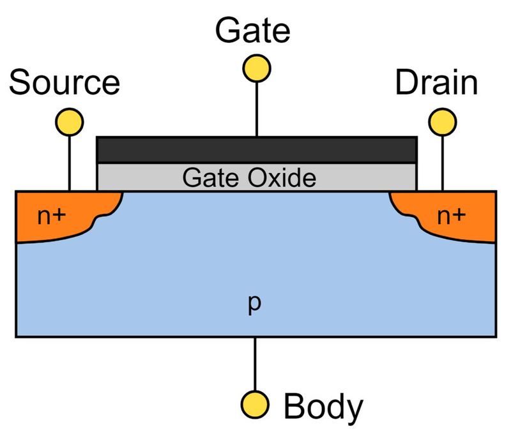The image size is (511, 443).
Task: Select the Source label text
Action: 65,83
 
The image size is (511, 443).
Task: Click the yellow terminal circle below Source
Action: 69,121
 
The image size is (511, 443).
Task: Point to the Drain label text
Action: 436,83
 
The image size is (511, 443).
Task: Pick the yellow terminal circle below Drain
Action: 442,121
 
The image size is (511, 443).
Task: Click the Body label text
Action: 323,405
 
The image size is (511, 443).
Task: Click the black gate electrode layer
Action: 256,150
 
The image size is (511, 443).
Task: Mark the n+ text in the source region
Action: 51,216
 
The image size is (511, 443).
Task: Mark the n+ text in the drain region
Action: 451,216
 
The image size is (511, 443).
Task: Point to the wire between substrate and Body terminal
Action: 256,364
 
